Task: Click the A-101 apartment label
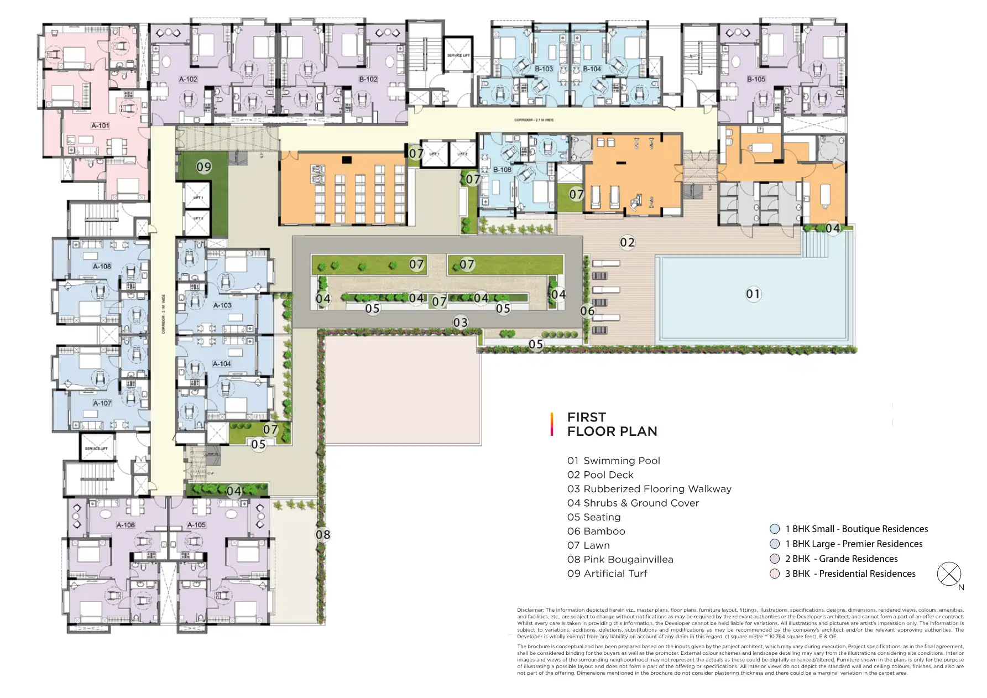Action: click(x=100, y=126)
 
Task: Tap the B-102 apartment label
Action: click(x=368, y=79)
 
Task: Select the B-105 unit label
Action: click(x=756, y=79)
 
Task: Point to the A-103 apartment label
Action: click(x=222, y=305)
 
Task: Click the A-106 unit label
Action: click(x=126, y=525)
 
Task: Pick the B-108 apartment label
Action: click(x=502, y=170)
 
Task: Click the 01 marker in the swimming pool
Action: click(x=753, y=294)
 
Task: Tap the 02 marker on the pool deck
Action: click(x=627, y=242)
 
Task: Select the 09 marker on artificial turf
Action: click(x=204, y=166)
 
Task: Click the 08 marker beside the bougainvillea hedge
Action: click(x=323, y=534)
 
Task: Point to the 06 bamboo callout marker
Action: click(x=587, y=311)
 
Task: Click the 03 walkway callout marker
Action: click(x=460, y=322)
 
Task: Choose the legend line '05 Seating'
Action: click(x=594, y=517)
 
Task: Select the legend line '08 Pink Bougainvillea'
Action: click(x=620, y=559)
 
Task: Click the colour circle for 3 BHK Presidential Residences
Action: click(x=775, y=574)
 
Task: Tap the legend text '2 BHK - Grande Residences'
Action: click(x=841, y=559)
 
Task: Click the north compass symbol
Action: click(x=949, y=574)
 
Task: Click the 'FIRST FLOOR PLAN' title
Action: click(x=612, y=424)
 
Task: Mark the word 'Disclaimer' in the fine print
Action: click(x=530, y=610)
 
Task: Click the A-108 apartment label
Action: click(x=102, y=266)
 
